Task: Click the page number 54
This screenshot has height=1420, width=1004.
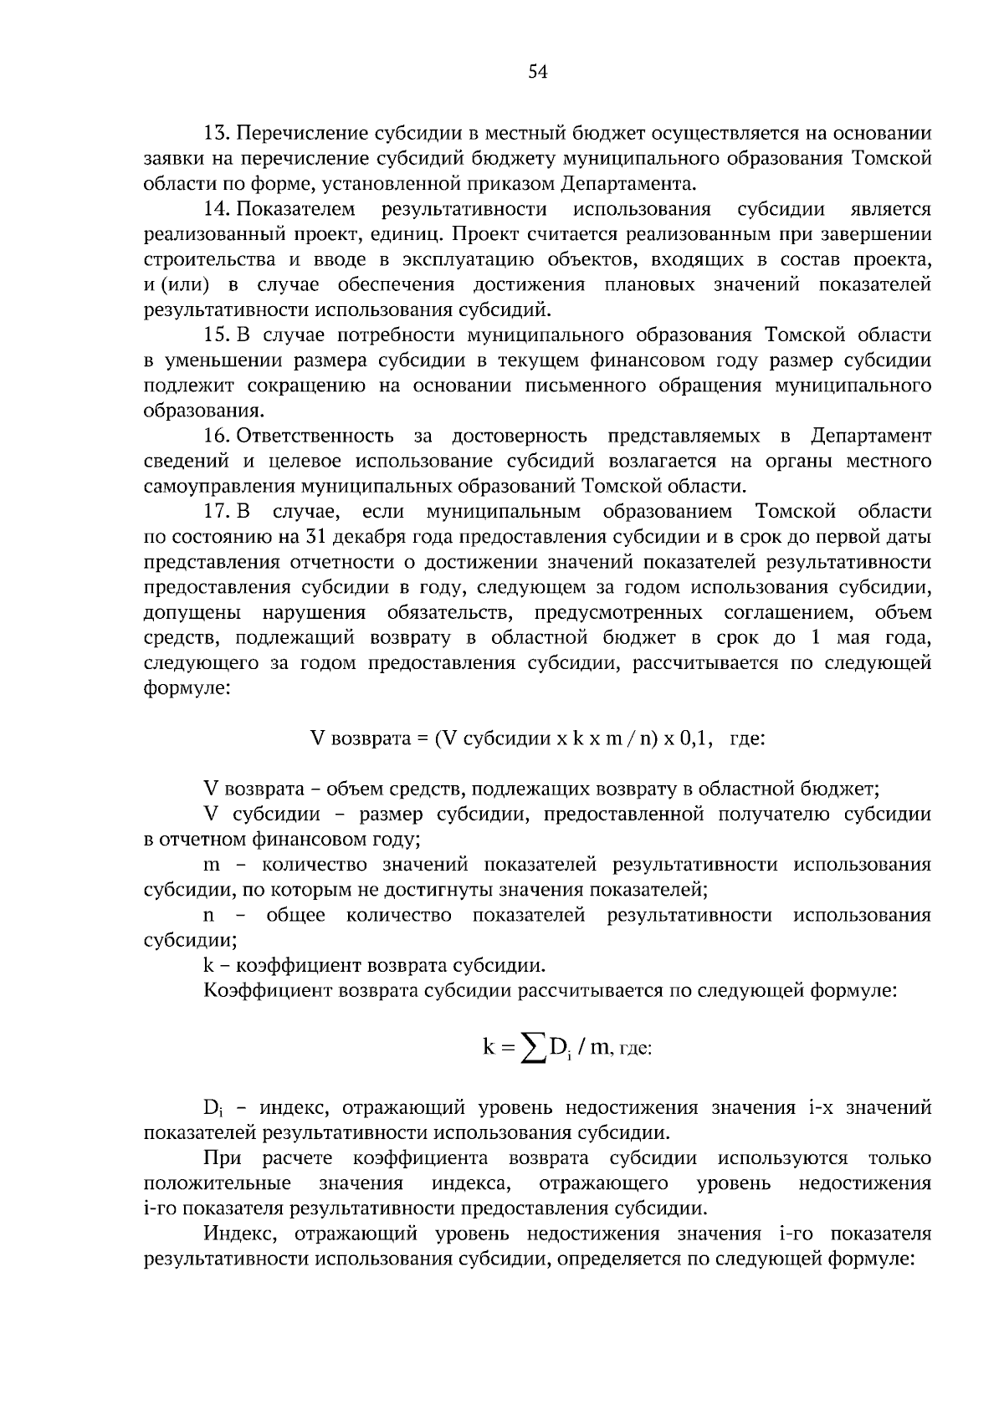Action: tap(537, 73)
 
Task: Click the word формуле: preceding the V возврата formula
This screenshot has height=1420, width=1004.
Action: tap(186, 689)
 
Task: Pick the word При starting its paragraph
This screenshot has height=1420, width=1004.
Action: tap(222, 1159)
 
